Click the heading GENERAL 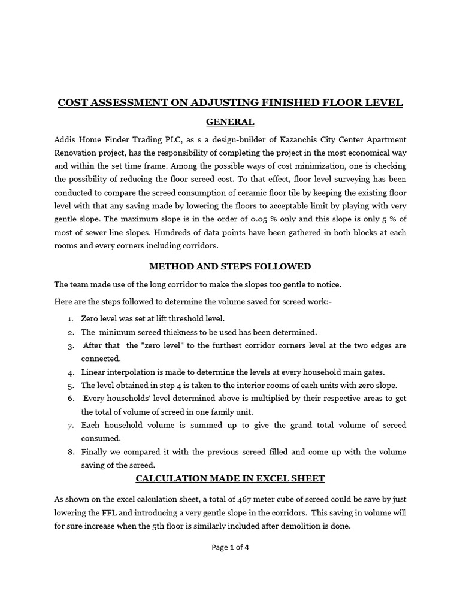coord(230,122)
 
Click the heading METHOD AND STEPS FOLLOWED coord(230,266)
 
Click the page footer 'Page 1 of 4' coord(230,547)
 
